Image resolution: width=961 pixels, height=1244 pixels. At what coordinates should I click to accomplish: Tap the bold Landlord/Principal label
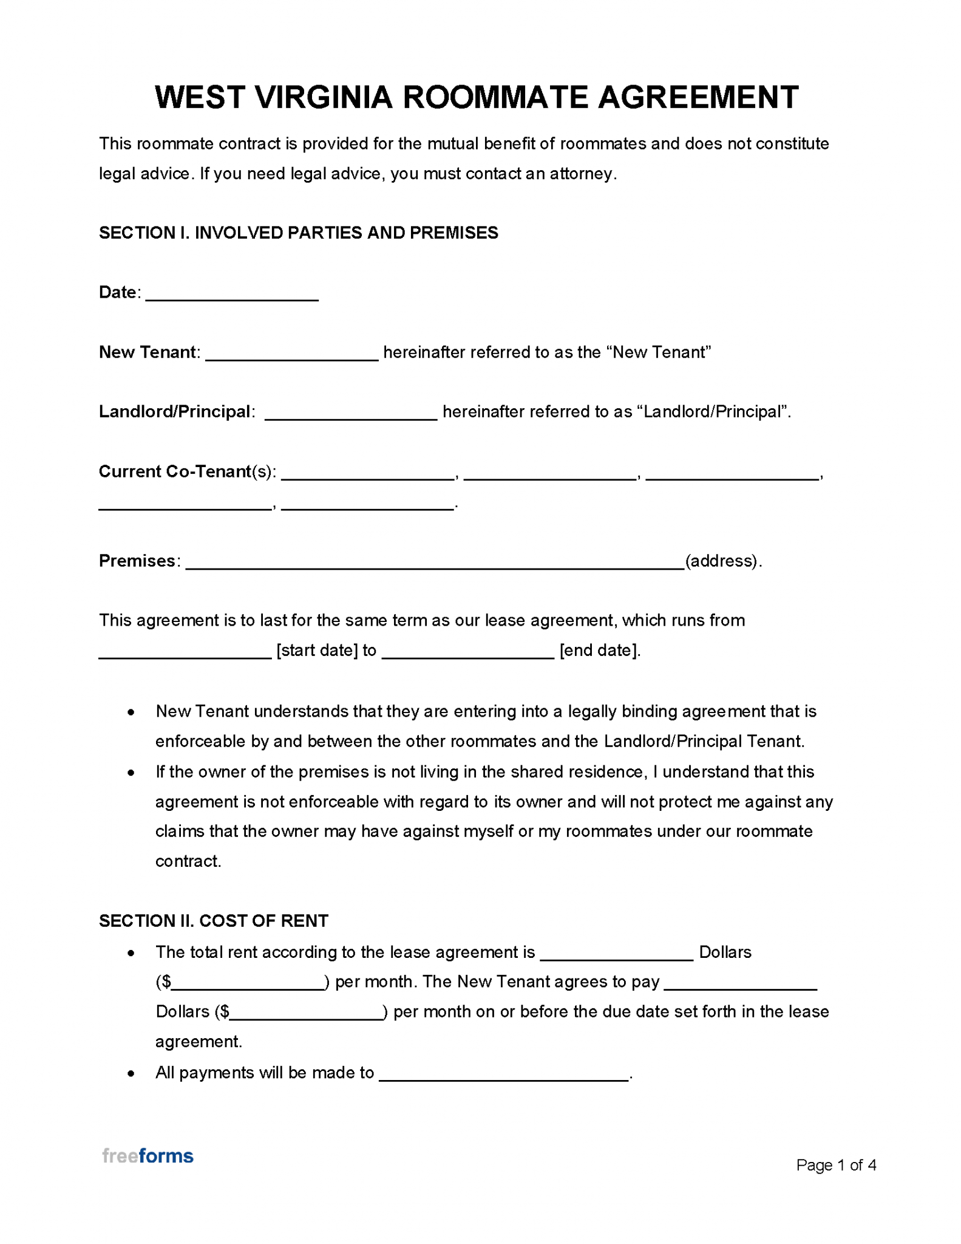click(174, 412)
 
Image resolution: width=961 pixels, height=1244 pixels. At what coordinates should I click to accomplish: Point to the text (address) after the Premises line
click(722, 561)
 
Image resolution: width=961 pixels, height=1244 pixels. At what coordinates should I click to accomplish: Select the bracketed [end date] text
click(599, 651)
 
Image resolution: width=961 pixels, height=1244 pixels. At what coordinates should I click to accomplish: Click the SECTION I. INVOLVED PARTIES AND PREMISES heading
click(298, 233)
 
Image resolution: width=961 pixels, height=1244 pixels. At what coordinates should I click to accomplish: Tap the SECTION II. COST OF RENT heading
click(213, 921)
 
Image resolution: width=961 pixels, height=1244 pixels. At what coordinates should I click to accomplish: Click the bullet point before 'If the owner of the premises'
click(131, 773)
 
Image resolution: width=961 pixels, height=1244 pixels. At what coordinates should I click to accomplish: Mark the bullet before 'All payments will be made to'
click(131, 1074)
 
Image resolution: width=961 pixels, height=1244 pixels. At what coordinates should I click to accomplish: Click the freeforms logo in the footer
click(148, 1156)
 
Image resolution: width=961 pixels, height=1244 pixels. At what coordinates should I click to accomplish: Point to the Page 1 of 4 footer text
click(835, 1165)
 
